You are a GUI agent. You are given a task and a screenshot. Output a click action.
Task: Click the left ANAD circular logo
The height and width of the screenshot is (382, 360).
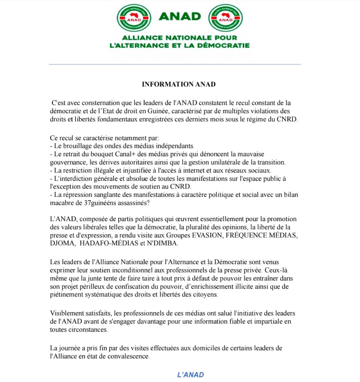tap(134, 18)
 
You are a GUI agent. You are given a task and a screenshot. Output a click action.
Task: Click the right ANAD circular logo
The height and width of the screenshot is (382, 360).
tap(225, 18)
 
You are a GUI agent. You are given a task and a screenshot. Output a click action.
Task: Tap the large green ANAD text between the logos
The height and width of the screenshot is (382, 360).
tap(180, 16)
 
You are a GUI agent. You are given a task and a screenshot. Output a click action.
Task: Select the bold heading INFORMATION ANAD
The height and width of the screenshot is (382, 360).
tap(179, 84)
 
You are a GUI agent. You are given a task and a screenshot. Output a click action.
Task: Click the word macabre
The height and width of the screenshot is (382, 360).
tap(61, 203)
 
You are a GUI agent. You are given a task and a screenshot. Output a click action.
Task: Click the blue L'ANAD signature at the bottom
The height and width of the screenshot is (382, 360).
tap(190, 375)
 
